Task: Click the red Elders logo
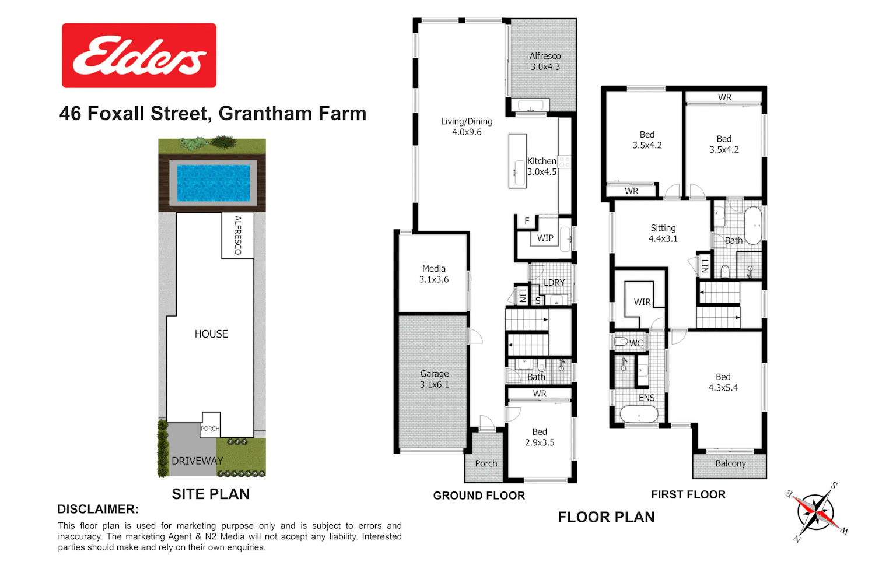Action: coord(139,55)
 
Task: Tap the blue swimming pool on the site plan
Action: coord(213,182)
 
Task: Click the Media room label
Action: coord(434,274)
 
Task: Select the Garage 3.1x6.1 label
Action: coord(435,379)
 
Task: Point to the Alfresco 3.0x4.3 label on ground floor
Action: coord(545,61)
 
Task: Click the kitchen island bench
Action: coord(517,161)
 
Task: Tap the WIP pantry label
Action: coord(545,238)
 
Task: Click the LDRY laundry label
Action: coord(554,282)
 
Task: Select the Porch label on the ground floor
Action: coord(486,463)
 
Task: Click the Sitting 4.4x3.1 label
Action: coord(663,233)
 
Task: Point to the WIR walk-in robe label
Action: coord(642,302)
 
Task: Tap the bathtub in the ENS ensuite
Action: coord(639,415)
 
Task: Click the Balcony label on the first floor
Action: coord(730,463)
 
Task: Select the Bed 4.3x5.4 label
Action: coord(723,382)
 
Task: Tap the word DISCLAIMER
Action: coord(97,509)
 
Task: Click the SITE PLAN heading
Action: coord(211,494)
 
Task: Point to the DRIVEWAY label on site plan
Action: coord(197,461)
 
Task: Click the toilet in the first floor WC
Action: coord(621,342)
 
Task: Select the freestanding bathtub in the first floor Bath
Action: coord(754,226)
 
